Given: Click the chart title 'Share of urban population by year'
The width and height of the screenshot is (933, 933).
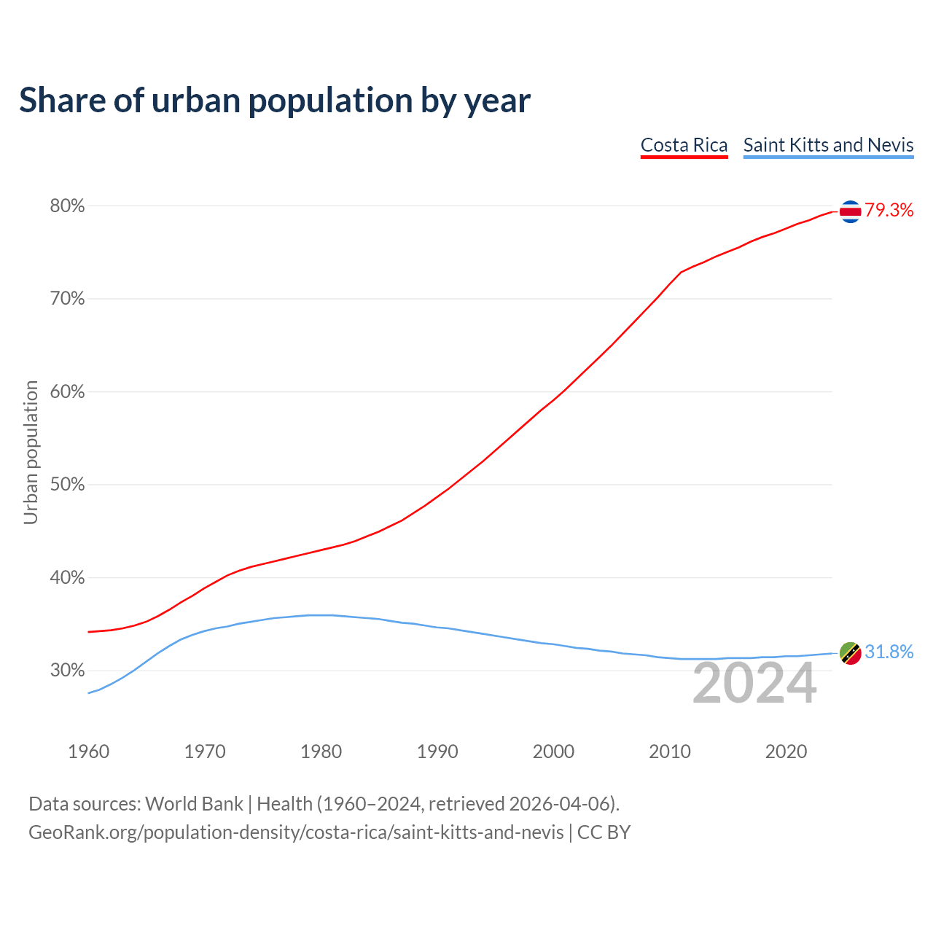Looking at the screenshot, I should [275, 101].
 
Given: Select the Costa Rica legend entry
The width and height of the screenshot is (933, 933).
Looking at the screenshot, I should [684, 145].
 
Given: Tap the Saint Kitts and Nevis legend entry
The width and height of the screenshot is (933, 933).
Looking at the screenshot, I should [828, 145].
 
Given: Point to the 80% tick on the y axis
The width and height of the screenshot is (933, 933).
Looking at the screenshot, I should [68, 206].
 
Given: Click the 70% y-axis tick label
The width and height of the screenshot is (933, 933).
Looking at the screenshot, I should [68, 299].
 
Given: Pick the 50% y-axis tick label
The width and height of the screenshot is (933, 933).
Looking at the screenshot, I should [68, 485].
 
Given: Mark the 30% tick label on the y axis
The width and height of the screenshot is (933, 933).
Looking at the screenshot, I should [68, 671].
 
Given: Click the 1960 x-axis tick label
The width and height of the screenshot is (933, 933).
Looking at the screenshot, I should [88, 752].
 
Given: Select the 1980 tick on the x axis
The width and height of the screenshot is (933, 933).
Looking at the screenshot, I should [321, 752].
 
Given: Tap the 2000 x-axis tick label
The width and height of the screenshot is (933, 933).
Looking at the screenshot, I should [553, 752].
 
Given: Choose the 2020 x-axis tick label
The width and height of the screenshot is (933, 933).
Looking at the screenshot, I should [786, 752].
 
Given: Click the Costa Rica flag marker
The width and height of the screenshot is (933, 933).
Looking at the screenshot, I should [851, 211].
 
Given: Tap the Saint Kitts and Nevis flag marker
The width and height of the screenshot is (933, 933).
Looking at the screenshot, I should [851, 653].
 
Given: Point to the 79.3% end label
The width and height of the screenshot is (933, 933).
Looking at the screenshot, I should [889, 211].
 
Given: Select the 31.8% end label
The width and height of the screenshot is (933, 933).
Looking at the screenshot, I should [889, 652].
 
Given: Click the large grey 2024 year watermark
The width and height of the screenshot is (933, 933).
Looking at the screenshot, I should [754, 684].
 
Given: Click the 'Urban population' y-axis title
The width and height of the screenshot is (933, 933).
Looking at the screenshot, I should [31, 452].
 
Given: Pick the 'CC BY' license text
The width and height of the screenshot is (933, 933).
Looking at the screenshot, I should [604, 832].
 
